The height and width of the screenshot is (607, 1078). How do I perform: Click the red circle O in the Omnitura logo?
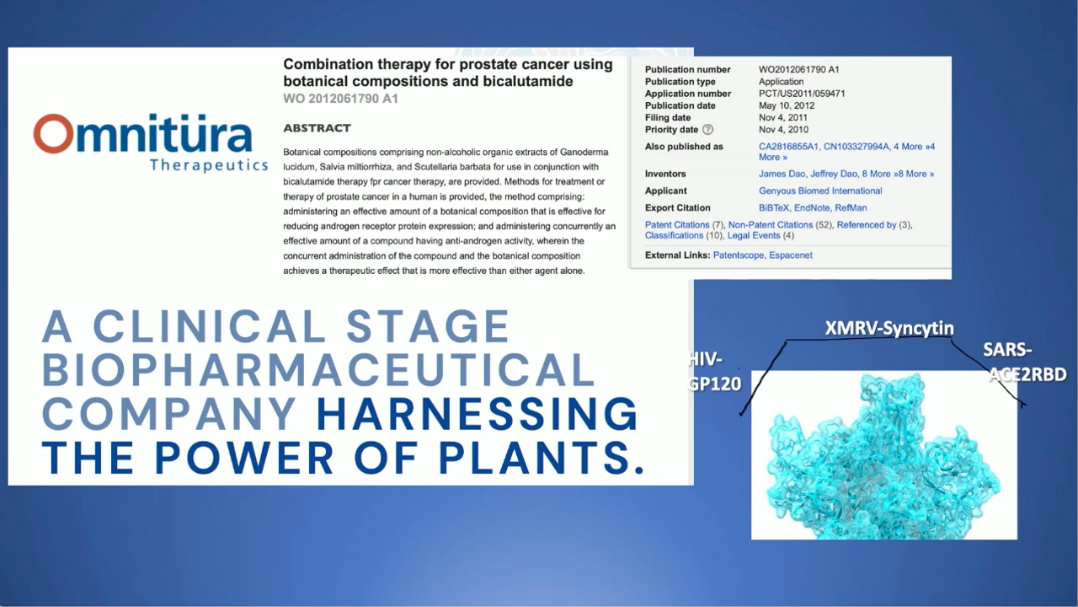coord(53,134)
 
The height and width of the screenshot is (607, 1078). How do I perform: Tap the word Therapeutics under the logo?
coord(209,165)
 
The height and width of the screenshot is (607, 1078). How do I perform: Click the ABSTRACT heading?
coord(317,128)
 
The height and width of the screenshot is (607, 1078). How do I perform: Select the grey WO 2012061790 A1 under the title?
coord(340,99)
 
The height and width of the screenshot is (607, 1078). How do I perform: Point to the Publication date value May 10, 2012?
coord(787,105)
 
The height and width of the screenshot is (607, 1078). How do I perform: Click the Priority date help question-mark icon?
coord(707,130)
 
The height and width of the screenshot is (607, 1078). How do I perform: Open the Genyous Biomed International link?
coord(820,191)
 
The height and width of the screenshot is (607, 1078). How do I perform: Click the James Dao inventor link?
coord(782,174)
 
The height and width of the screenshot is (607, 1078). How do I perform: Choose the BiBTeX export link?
coord(774,208)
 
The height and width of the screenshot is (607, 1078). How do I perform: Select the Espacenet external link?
coord(790,255)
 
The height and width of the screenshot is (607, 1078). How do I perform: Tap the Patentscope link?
coord(739,255)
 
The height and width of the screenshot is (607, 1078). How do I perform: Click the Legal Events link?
coord(754,235)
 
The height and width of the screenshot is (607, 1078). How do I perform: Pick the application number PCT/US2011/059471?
coord(802,94)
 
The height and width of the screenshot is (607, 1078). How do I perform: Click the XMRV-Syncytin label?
coord(889,329)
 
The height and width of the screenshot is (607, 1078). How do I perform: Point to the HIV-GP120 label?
coord(714,372)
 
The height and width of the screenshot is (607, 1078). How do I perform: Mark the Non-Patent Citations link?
coord(770,225)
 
